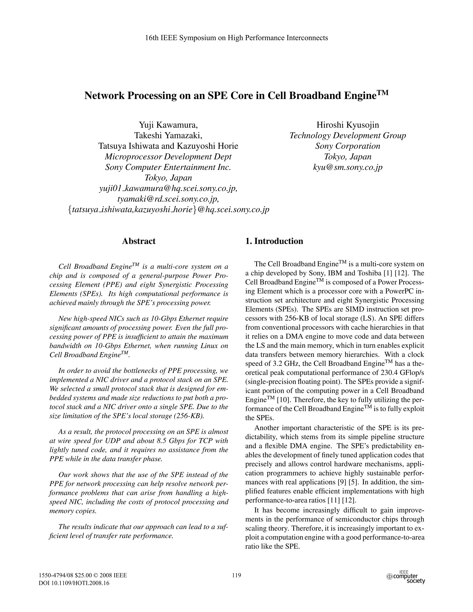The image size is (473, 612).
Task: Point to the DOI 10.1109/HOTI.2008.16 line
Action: coord(73,583)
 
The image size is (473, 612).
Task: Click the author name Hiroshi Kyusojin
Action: coord(347,125)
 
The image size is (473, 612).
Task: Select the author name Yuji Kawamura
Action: coord(168,125)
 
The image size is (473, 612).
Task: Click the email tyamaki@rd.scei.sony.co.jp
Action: coord(168,199)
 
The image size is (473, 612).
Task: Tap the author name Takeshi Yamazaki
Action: coord(168,136)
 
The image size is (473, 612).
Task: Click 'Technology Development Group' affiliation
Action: coord(347,136)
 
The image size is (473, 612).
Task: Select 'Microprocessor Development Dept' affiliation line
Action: coord(168,157)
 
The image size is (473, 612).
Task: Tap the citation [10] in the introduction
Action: coord(282,400)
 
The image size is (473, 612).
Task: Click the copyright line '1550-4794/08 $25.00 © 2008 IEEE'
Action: coord(82,575)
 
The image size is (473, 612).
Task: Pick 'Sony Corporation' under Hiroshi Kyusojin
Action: coord(347,146)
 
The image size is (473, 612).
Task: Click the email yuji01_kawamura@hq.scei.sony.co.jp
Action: coord(168,189)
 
